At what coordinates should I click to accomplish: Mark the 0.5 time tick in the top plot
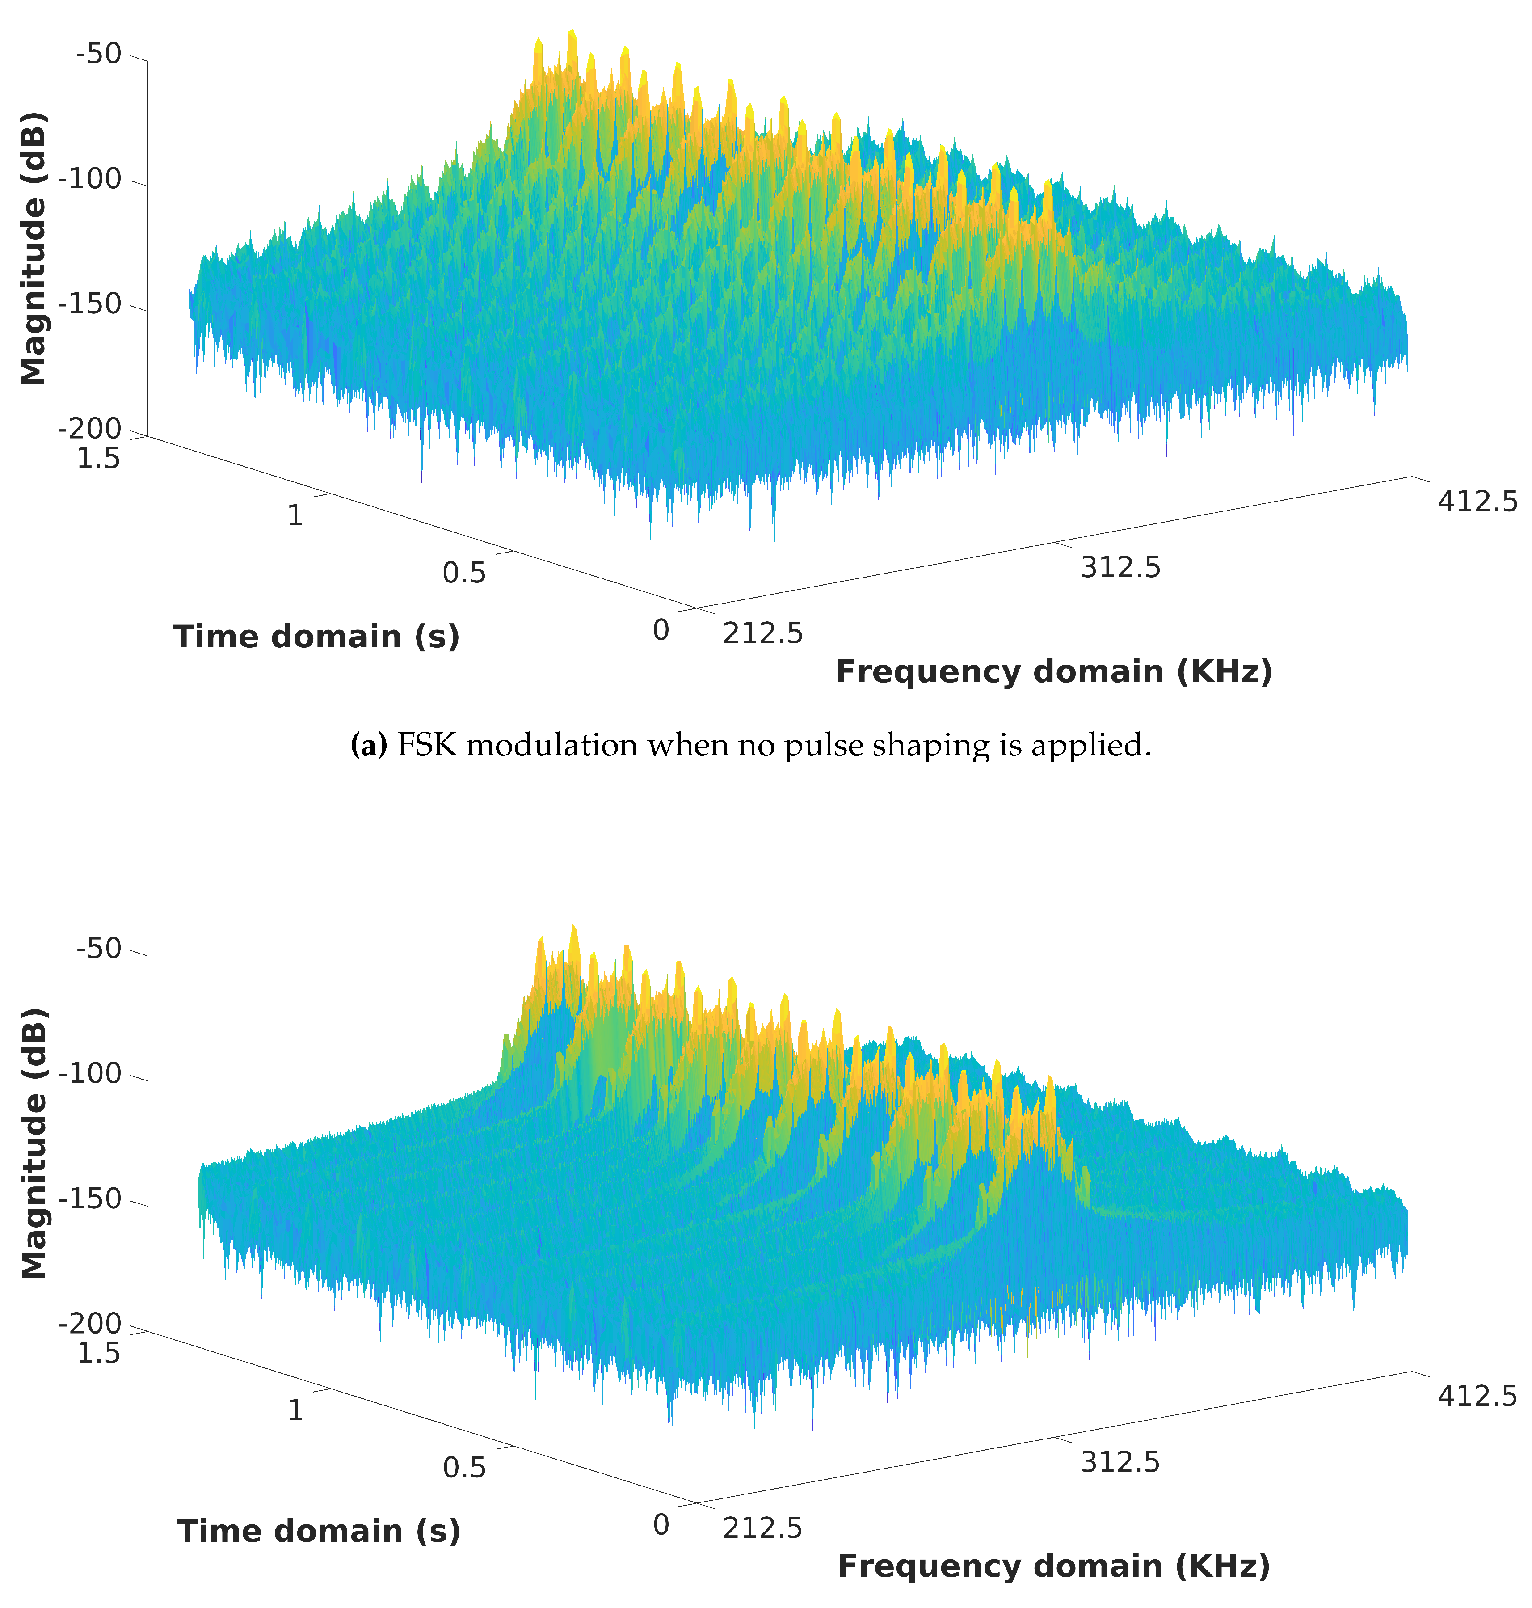pos(464,573)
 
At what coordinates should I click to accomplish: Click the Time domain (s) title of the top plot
pos(316,636)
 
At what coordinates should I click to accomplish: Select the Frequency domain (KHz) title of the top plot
pos(1053,671)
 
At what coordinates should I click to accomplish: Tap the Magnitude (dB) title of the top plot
pos(33,248)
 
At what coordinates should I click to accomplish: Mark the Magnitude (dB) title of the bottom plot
pos(33,1144)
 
